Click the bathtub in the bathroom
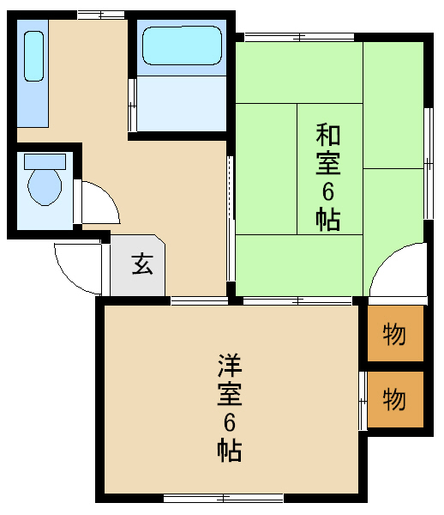[182, 45]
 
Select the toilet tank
[45, 161]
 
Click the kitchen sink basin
[33, 56]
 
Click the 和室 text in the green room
[328, 148]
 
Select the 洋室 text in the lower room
[230, 379]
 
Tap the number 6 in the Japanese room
[328, 191]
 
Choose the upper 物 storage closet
[395, 333]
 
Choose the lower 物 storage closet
[395, 399]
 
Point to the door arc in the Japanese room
[387, 259]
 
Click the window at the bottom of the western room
[224, 498]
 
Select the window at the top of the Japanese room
[299, 37]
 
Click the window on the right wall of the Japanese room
[429, 163]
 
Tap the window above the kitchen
[101, 15]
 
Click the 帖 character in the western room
[230, 450]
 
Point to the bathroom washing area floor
[182, 104]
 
